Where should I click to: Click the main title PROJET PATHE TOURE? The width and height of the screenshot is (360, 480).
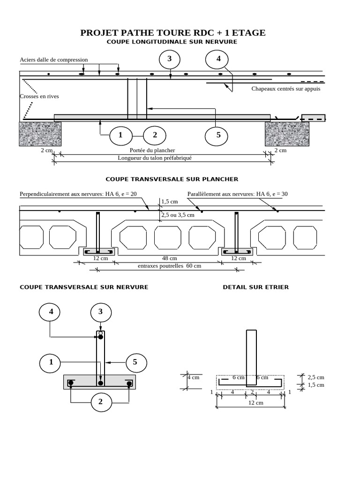click(172, 33)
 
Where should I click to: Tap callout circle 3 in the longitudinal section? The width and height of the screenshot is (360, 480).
click(170, 59)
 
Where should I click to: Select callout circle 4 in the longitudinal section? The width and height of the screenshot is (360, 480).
click(218, 59)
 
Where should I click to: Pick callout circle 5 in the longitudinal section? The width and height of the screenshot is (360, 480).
click(218, 135)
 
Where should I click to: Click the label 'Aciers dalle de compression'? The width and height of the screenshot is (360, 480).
click(54, 60)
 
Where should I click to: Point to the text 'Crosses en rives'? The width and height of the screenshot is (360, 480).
click(39, 96)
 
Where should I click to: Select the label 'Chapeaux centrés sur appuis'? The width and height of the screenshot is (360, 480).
click(286, 89)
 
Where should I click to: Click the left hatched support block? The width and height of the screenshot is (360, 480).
click(40, 134)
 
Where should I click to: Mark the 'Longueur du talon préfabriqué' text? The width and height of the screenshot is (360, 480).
click(155, 158)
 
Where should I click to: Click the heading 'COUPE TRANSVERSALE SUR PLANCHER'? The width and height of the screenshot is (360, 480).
click(172, 179)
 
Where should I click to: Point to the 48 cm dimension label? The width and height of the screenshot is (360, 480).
click(169, 258)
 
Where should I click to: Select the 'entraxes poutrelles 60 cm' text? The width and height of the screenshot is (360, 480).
click(169, 266)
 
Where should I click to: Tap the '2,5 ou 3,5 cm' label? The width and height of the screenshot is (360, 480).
click(178, 215)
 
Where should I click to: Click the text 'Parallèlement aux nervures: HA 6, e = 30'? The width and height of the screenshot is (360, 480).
click(238, 194)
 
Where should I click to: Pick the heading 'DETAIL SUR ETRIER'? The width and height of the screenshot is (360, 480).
click(256, 287)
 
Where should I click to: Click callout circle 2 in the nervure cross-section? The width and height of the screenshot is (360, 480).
click(100, 401)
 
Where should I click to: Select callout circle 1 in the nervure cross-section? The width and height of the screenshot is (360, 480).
click(51, 362)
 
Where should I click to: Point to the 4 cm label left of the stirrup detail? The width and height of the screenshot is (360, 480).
click(194, 377)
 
